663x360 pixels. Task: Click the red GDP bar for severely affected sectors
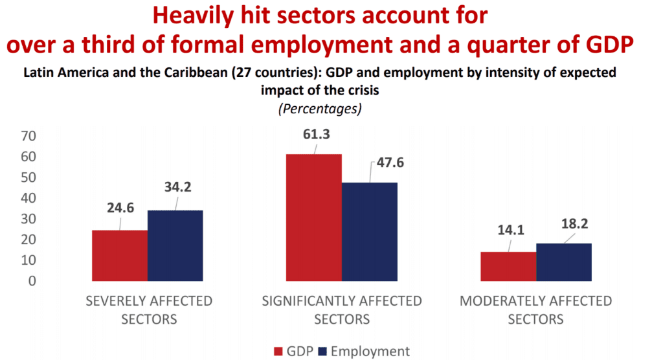click(120, 255)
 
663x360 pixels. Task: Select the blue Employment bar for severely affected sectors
click(175, 245)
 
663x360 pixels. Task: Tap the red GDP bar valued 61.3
click(314, 217)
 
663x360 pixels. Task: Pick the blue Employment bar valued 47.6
click(370, 231)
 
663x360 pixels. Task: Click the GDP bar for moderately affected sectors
click(508, 266)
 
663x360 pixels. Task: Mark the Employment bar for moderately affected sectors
click(564, 262)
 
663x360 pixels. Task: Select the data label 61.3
click(315, 134)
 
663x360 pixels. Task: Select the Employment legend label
click(370, 352)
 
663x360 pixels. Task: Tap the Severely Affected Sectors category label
click(149, 310)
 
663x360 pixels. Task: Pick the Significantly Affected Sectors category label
click(342, 310)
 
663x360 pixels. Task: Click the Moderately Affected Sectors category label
click(535, 310)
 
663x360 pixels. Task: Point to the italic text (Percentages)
click(320, 109)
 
